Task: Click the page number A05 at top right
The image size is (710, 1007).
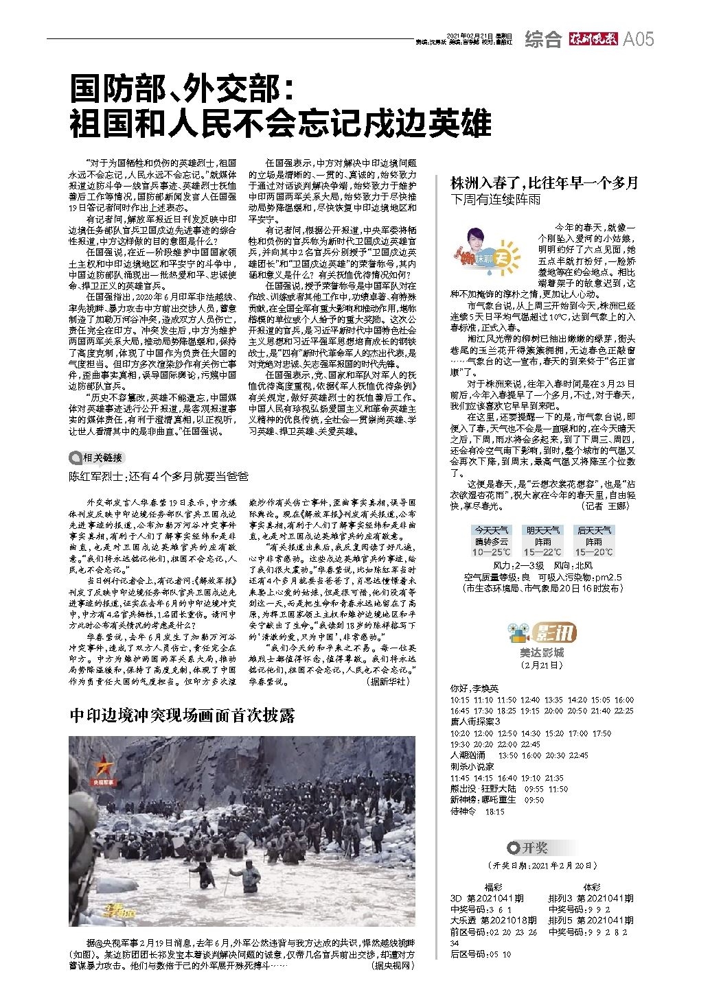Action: (638, 39)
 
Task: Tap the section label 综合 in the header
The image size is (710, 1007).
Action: (543, 40)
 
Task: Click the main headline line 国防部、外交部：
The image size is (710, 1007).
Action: (183, 90)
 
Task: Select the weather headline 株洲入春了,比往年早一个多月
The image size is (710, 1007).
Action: (544, 182)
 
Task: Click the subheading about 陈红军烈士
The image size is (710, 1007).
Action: (159, 475)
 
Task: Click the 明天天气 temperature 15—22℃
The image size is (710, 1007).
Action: (542, 552)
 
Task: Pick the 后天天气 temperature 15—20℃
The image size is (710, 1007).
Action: (594, 552)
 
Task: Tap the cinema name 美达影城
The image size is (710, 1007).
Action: (542, 652)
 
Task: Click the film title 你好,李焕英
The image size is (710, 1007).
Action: (474, 688)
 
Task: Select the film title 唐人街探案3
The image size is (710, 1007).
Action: (475, 721)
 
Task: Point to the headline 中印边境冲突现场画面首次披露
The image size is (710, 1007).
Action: (183, 715)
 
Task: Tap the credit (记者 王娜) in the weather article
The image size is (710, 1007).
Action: (604, 506)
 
